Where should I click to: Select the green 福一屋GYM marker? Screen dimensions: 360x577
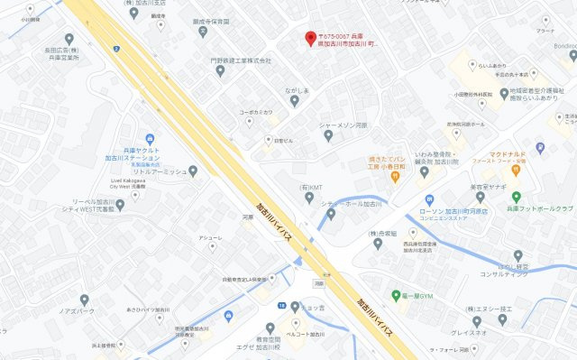(x=396, y=295)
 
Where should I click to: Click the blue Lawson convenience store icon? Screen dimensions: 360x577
(x=430, y=199)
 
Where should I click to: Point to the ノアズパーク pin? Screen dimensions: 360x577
(x=85, y=299)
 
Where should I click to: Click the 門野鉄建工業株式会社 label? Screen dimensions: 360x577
(x=242, y=60)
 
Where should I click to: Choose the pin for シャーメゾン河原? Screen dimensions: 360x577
(x=328, y=135)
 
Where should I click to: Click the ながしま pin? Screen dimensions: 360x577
(x=294, y=101)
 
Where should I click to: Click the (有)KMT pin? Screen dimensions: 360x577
(x=309, y=198)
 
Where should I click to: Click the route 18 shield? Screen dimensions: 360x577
(x=282, y=307)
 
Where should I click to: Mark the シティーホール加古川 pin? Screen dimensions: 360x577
(x=331, y=214)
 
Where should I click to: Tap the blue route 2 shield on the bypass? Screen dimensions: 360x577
(x=117, y=47)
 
